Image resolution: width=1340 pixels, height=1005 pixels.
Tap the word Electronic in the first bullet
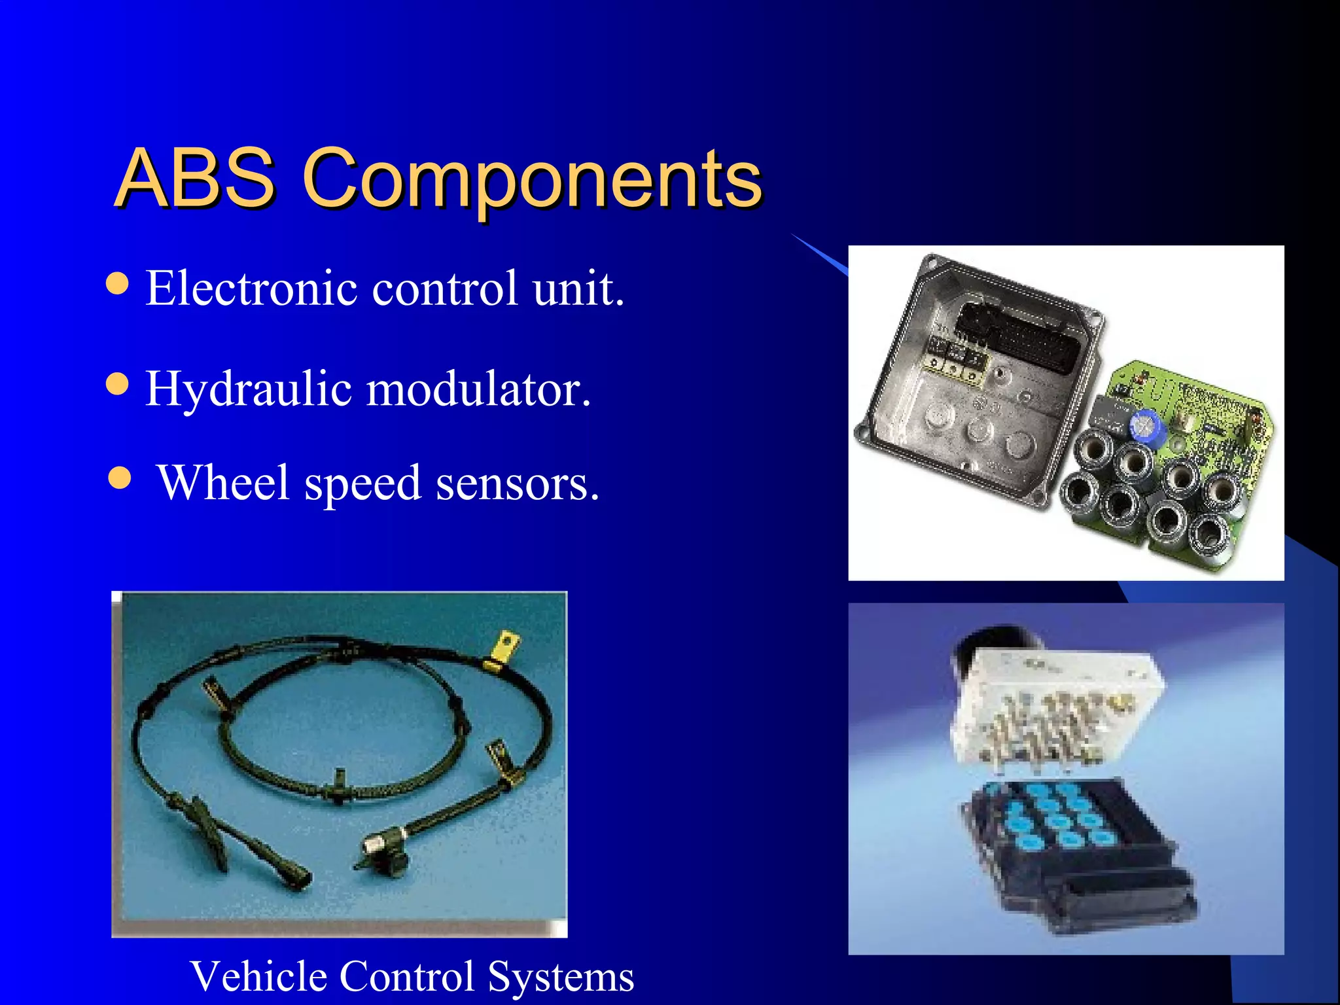pyautogui.click(x=251, y=288)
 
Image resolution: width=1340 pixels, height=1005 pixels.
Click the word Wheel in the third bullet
pyautogui.click(x=224, y=483)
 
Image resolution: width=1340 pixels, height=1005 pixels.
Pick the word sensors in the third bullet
pyautogui.click(x=517, y=484)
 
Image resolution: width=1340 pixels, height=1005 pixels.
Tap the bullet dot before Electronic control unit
pyautogui.click(x=117, y=284)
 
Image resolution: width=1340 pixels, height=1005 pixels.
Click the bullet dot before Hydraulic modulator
pyautogui.click(x=117, y=384)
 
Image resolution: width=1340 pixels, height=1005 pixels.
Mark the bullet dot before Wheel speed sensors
pyautogui.click(x=120, y=478)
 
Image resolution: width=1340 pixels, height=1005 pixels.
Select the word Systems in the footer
pyautogui.click(x=561, y=976)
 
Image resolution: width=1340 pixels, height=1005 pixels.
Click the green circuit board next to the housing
pyautogui.click(x=1217, y=419)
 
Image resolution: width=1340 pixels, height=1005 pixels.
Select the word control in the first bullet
pyautogui.click(x=445, y=288)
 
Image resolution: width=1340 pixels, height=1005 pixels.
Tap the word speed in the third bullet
pyautogui.click(x=363, y=484)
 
